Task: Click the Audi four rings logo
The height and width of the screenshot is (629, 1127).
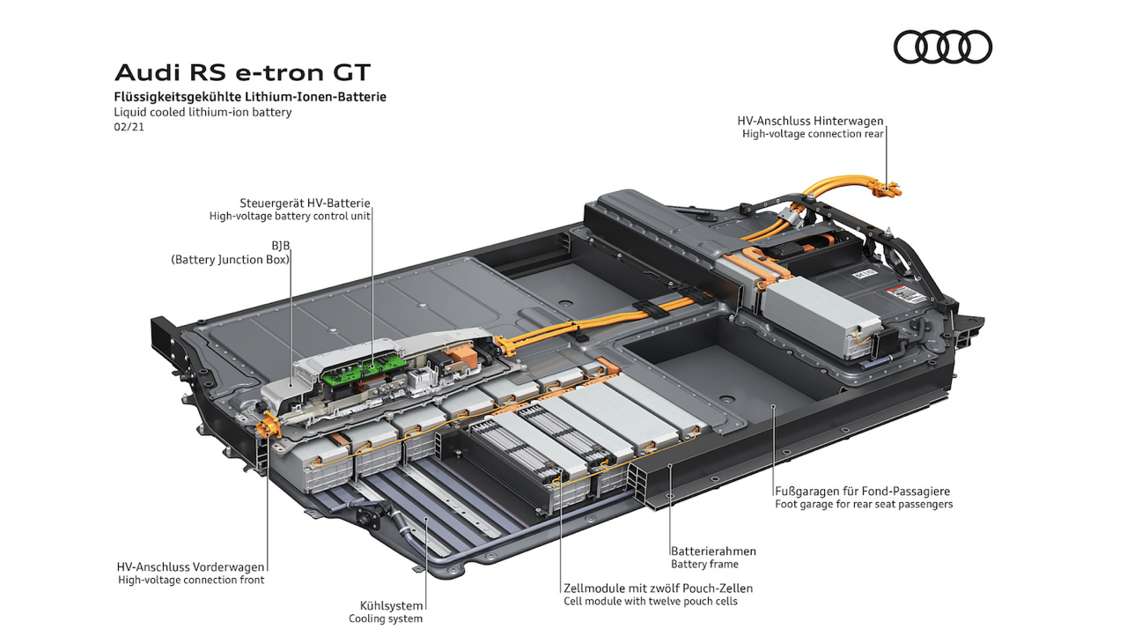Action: point(942,47)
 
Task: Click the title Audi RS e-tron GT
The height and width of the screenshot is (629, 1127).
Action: point(243,71)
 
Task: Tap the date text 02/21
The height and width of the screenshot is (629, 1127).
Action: point(129,128)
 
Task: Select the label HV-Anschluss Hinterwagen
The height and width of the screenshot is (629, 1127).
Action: point(810,121)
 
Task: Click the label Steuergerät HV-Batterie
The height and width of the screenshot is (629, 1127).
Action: point(305,202)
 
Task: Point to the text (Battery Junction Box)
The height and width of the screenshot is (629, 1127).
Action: point(230,260)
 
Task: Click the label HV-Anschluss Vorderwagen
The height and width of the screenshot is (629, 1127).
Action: point(190,566)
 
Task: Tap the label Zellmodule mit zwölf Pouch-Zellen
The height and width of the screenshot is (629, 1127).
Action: point(658,588)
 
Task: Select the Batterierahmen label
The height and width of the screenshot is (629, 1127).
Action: point(713,551)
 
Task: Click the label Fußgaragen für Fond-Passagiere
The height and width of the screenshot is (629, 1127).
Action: point(862,491)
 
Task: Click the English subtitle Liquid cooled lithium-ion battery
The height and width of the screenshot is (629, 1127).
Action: point(203,112)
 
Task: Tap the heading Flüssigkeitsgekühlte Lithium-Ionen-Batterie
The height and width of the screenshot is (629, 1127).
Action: point(250,96)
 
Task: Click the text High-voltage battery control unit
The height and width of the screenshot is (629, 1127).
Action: point(290,216)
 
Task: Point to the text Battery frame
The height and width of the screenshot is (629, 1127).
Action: point(704,564)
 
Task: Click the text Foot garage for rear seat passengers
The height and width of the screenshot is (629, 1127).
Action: point(864,504)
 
